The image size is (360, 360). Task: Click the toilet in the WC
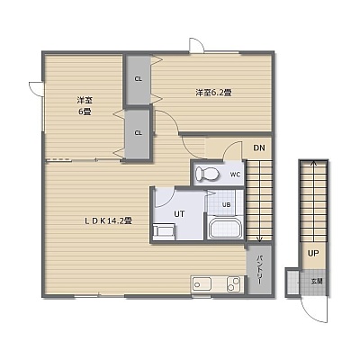tap(206, 174)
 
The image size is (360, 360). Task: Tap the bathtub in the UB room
tap(226, 227)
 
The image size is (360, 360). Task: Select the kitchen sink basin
tap(202, 283)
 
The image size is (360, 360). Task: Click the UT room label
tap(179, 214)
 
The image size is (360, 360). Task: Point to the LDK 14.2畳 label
tap(108, 221)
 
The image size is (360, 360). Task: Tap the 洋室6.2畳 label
tap(213, 93)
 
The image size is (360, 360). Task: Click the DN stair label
tap(259, 148)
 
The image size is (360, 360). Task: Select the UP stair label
tap(313, 254)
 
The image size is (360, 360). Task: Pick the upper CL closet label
tap(138, 79)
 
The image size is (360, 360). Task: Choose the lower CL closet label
tap(138, 133)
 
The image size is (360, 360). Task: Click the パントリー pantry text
tap(260, 270)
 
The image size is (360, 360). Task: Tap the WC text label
tap(235, 175)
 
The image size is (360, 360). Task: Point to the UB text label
tap(227, 205)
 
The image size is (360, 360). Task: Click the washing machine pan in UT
tap(164, 231)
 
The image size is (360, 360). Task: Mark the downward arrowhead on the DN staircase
tap(260, 239)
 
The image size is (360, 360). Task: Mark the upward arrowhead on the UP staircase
tap(313, 163)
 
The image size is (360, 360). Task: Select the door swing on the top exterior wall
tap(197, 46)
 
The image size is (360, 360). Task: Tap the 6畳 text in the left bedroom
tap(85, 112)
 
